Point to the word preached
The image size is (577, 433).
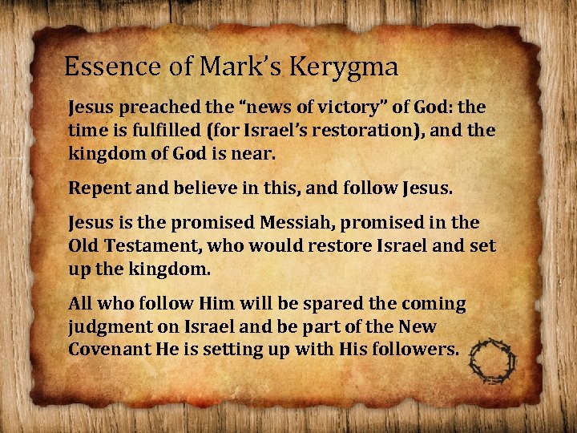148,107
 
